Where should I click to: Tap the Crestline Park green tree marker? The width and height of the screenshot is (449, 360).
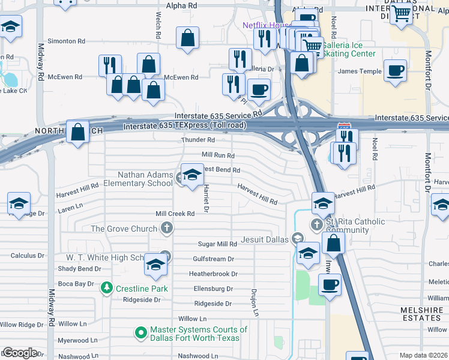point(107,288)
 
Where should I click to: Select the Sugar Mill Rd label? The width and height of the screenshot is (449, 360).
point(218,244)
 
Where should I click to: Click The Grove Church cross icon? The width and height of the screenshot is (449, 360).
point(167,229)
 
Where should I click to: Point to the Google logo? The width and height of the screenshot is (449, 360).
point(20,352)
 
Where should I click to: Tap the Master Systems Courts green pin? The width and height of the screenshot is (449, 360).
point(141,332)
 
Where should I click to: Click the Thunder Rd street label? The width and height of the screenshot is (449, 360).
point(198,140)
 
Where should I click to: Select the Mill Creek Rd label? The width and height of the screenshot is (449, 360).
point(175,214)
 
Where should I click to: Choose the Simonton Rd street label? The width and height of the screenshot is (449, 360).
point(66,41)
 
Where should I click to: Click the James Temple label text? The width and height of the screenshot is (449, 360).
point(360,71)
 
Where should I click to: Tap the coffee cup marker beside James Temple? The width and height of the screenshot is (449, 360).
point(395,71)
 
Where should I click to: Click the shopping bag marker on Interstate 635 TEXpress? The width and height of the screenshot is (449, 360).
point(78,133)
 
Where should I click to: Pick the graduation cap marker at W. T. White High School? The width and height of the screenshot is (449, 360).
point(155,265)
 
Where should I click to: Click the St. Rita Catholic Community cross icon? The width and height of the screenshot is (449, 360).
point(317,224)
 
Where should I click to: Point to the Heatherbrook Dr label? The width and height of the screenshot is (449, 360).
point(214,274)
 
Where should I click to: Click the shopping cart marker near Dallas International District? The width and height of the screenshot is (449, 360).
point(400,13)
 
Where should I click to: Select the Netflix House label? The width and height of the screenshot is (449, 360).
point(266,25)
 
